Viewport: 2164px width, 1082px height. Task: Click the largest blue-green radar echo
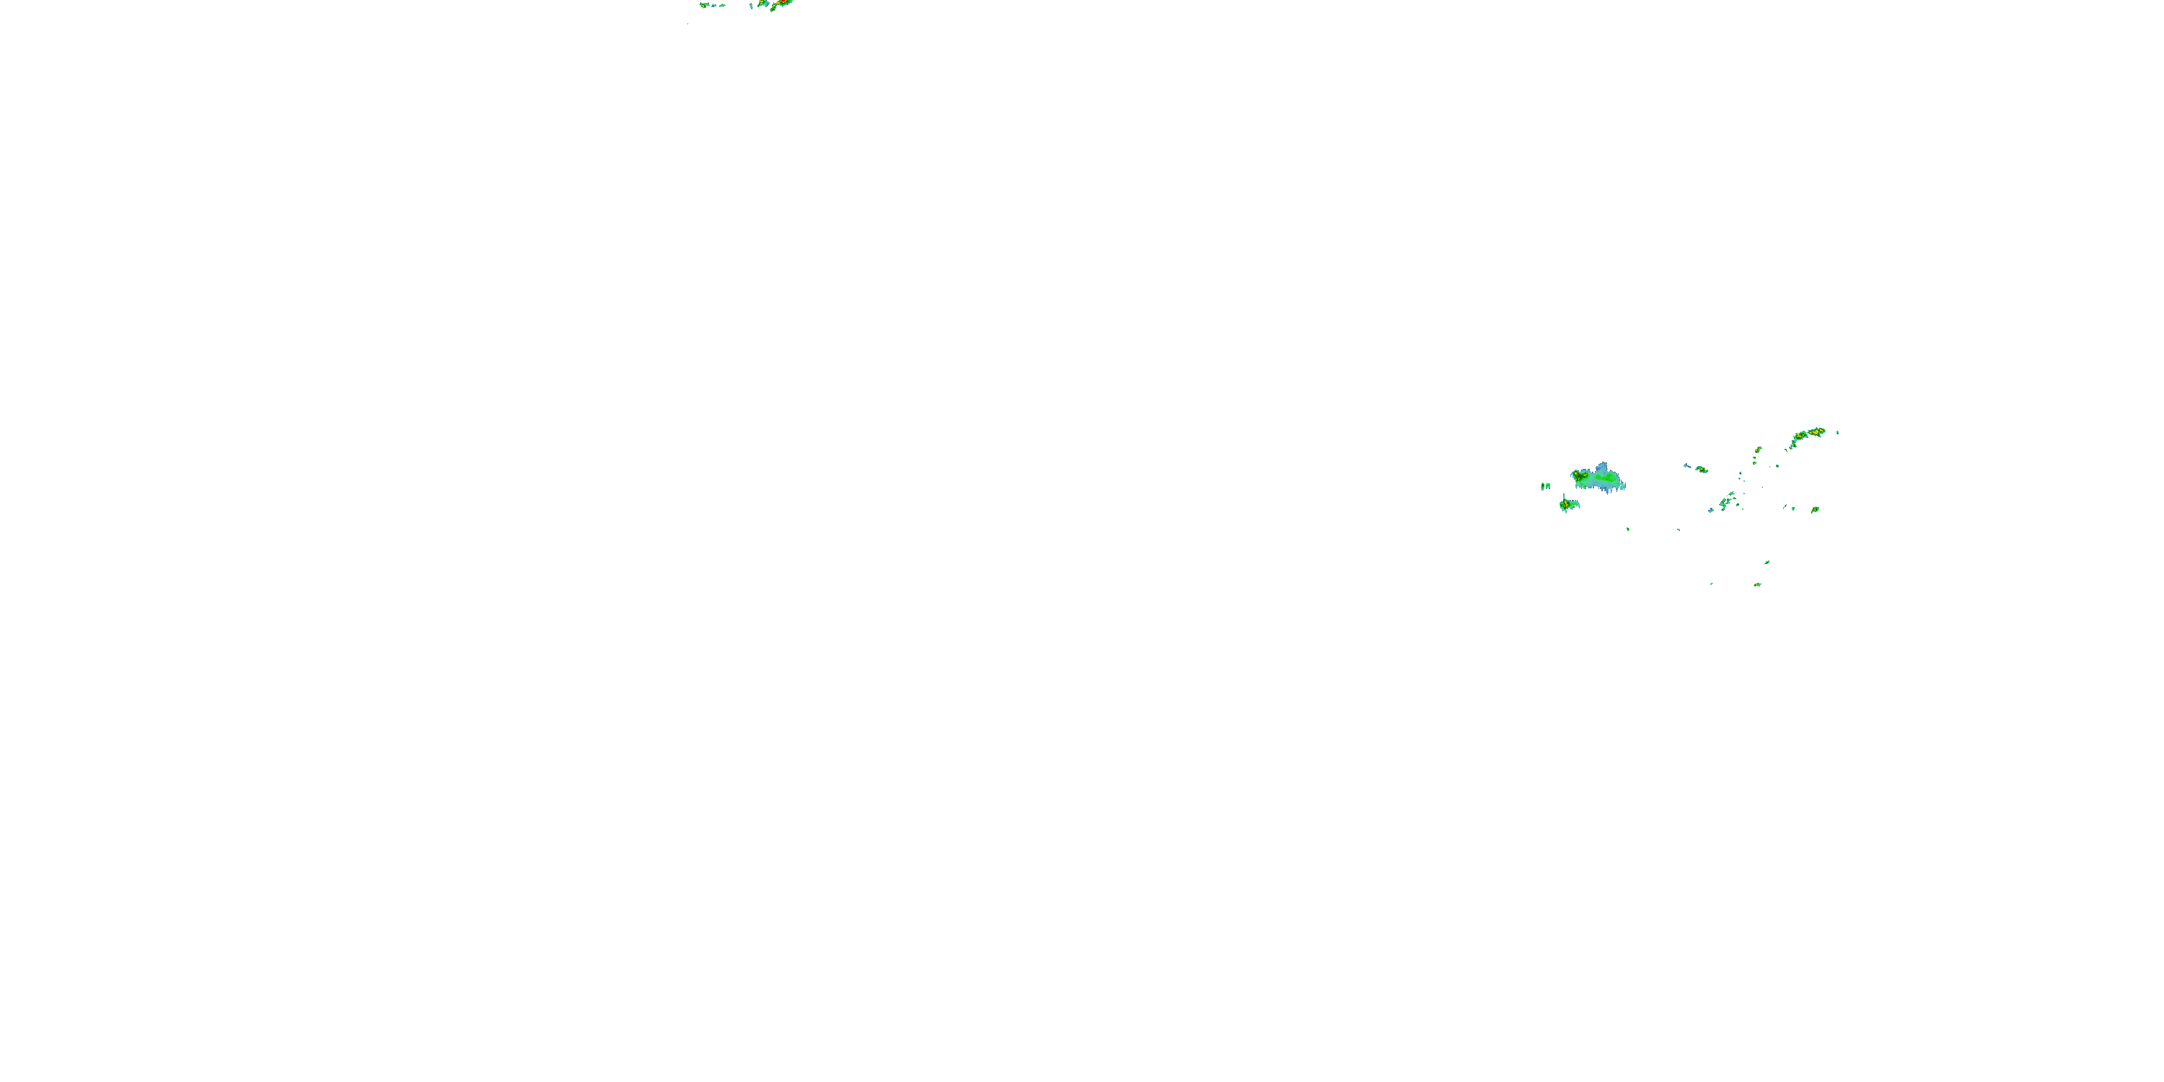click(x=1598, y=480)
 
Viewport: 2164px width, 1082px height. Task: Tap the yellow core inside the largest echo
click(x=1580, y=476)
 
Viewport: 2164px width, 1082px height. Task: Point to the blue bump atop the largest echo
click(x=1604, y=466)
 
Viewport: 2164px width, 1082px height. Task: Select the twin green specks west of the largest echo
click(x=1545, y=485)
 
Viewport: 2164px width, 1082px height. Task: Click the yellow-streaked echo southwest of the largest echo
click(x=1568, y=504)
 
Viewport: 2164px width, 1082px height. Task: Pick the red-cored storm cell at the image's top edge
click(x=780, y=4)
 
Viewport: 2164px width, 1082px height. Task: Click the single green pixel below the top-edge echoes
click(x=688, y=22)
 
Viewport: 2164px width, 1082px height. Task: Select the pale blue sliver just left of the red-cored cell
click(x=752, y=5)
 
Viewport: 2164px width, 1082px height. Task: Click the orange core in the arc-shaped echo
click(x=1815, y=433)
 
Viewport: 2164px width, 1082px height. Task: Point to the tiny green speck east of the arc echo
click(x=1837, y=432)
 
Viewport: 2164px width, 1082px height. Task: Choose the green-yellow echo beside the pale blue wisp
click(x=1702, y=470)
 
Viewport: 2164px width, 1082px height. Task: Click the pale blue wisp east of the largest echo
click(x=1687, y=465)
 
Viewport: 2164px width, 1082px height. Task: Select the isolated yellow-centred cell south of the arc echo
click(x=1815, y=509)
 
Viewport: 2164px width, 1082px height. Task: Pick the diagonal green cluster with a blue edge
click(x=1725, y=501)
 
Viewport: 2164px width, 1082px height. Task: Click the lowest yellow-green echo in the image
click(x=1756, y=584)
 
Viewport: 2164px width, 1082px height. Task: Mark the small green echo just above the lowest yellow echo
click(x=1767, y=562)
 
